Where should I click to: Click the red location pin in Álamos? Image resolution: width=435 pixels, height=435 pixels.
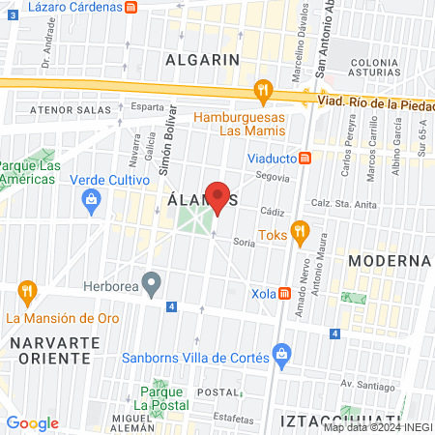(218, 196)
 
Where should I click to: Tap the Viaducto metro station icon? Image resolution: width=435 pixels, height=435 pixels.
(304, 158)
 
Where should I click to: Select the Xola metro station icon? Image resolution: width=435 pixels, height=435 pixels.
(284, 294)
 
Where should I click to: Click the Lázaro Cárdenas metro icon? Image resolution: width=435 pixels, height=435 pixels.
(131, 6)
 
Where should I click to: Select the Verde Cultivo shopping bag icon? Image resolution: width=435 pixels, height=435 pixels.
(91, 200)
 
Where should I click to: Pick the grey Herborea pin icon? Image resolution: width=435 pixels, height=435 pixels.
(150, 282)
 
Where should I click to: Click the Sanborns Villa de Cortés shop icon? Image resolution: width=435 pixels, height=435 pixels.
(281, 354)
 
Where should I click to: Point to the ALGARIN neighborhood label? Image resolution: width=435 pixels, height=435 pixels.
(201, 59)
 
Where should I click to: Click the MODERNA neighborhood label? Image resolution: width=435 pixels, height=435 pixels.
(389, 261)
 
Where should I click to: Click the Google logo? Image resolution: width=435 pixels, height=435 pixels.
(32, 423)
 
